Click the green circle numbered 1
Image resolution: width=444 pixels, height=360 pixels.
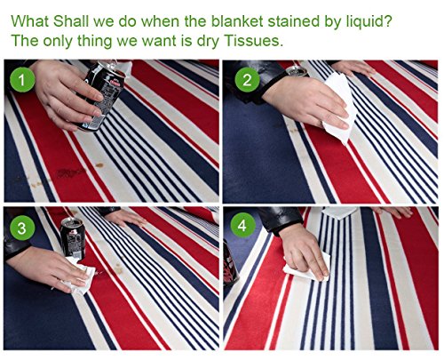click(22, 79)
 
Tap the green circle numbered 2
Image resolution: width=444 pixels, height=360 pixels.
click(247, 79)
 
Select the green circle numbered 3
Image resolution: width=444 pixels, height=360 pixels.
click(22, 228)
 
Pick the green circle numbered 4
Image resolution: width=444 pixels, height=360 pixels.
click(242, 225)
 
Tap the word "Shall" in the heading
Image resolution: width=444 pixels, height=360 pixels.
click(71, 21)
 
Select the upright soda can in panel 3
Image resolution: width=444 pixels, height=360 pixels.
click(73, 239)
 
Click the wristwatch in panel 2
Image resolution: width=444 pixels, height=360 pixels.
click(296, 72)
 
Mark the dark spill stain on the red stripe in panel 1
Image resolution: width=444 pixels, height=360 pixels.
click(68, 172)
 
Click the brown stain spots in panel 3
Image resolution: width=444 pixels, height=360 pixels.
click(118, 268)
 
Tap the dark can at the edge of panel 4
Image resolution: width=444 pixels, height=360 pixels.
click(230, 264)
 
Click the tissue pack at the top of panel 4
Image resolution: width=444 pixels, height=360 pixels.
click(340, 212)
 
